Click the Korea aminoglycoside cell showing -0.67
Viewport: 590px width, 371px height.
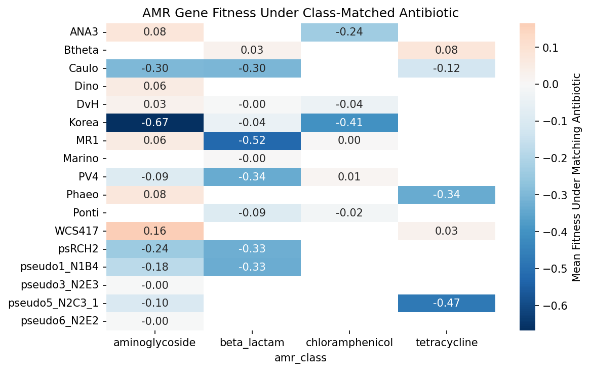[155, 122]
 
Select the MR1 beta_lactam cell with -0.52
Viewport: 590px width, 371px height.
[252, 140]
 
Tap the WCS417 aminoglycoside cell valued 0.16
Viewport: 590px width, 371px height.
[155, 231]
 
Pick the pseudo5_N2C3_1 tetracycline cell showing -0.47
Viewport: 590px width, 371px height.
[446, 303]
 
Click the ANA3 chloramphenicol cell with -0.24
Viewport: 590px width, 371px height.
[349, 32]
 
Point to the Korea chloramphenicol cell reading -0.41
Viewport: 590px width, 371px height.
[349, 122]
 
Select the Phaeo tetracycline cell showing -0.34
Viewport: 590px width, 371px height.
[446, 195]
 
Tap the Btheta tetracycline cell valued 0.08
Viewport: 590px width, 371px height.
[446, 50]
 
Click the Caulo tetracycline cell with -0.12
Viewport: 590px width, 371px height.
[446, 68]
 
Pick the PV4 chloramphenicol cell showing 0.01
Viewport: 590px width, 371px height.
[349, 177]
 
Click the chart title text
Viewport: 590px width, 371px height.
[300, 13]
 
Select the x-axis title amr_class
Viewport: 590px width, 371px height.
[300, 358]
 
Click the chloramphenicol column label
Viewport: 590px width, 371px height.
[349, 343]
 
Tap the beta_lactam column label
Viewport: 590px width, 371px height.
[252, 343]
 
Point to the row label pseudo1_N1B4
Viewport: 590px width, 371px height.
[59, 267]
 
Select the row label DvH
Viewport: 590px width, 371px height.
[88, 104]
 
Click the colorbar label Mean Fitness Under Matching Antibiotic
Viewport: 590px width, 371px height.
[576, 177]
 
